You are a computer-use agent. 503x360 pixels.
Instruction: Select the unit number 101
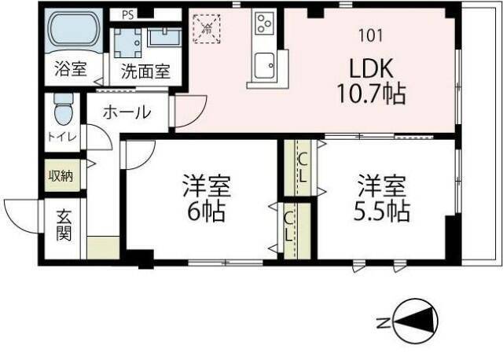[372, 35]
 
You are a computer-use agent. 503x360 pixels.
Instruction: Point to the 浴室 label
[70, 69]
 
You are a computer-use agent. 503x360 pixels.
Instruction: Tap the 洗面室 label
[145, 71]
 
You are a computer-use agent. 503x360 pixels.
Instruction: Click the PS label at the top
[127, 13]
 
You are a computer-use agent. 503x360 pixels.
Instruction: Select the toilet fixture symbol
[64, 110]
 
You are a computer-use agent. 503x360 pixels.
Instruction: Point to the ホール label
[126, 112]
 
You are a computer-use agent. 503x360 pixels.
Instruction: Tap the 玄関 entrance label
[64, 223]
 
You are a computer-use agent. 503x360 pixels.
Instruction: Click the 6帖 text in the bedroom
[207, 211]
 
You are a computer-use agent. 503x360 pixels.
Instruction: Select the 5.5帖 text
[384, 211]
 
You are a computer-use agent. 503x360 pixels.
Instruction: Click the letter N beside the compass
[381, 322]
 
